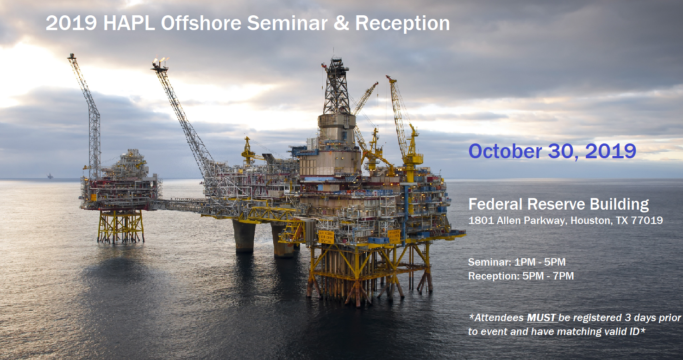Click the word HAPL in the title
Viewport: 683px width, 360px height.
129,23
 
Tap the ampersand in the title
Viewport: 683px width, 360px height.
341,23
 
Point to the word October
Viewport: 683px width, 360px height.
505,151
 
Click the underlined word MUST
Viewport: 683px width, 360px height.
541,318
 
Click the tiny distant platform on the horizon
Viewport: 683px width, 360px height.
50,176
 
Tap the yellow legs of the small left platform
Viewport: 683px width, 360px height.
121,226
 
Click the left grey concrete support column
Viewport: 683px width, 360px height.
244,236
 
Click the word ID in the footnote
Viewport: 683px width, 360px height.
634,331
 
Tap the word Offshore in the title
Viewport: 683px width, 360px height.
201,23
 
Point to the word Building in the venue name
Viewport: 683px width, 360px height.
619,205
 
